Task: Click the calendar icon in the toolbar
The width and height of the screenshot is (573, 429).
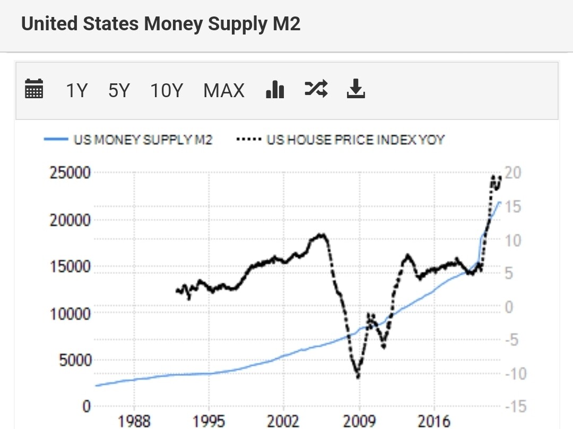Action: coord(34,90)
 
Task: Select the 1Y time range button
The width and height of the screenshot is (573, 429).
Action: coord(76,91)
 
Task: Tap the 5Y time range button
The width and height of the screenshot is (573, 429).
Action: coord(119,91)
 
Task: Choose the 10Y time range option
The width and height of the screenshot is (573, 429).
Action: coord(167,91)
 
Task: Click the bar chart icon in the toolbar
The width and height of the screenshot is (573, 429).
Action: coord(275,90)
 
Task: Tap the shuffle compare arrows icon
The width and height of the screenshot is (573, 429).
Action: coord(316,89)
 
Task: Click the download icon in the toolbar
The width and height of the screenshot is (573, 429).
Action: coord(356,89)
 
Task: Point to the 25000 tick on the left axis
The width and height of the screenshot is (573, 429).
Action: coord(70,173)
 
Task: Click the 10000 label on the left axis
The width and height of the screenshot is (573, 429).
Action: coord(70,313)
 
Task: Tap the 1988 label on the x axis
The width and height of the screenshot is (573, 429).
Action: coord(134,422)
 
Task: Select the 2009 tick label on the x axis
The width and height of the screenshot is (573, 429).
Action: coord(359,422)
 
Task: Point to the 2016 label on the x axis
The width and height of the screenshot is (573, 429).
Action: coord(434,422)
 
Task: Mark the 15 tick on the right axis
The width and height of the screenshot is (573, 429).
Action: coord(514,207)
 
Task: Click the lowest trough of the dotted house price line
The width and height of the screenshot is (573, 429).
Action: coord(358,376)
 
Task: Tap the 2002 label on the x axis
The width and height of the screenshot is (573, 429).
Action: coord(284,422)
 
